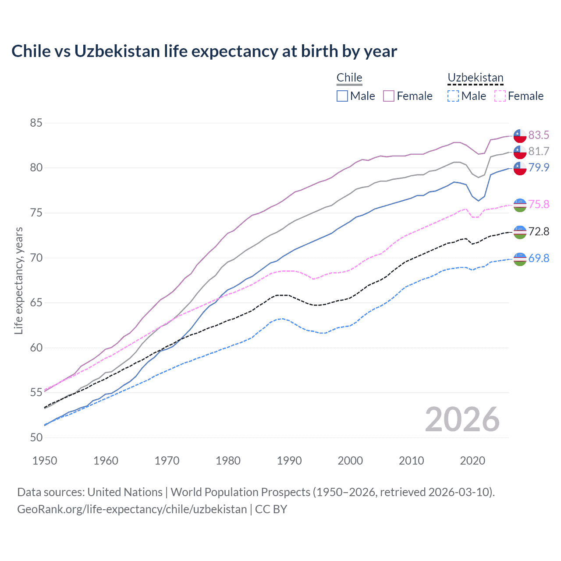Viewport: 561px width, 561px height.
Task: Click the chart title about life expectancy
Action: [x=204, y=51]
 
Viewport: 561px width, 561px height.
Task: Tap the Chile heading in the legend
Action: [x=349, y=78]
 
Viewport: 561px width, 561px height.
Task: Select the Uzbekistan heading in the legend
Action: [x=476, y=78]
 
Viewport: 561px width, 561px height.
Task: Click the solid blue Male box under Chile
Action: [x=342, y=96]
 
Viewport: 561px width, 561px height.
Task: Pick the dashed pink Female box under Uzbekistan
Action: [x=500, y=96]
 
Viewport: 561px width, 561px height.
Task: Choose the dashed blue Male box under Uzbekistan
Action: [x=453, y=96]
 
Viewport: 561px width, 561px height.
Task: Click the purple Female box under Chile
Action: [x=389, y=96]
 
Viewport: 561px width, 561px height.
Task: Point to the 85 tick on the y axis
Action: [x=36, y=123]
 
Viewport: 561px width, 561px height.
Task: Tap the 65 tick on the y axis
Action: [x=36, y=303]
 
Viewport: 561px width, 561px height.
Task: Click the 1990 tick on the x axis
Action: [x=289, y=461]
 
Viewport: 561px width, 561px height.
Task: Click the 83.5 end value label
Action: [x=539, y=135]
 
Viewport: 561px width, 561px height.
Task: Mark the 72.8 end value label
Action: [x=539, y=231]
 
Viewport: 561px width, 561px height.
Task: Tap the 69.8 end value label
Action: [x=539, y=258]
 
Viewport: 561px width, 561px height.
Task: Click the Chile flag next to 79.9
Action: [x=520, y=168]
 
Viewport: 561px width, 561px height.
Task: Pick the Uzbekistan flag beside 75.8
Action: [x=520, y=205]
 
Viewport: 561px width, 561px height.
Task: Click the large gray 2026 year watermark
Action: [x=462, y=419]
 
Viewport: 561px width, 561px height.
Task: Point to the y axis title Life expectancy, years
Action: [x=19, y=280]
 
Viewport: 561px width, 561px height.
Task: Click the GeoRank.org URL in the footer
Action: [x=132, y=509]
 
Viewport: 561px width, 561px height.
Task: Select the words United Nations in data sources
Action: [x=125, y=492]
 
